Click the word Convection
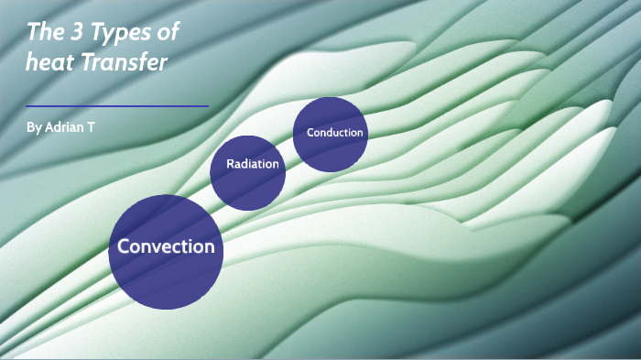(x=166, y=246)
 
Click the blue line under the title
(x=117, y=106)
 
